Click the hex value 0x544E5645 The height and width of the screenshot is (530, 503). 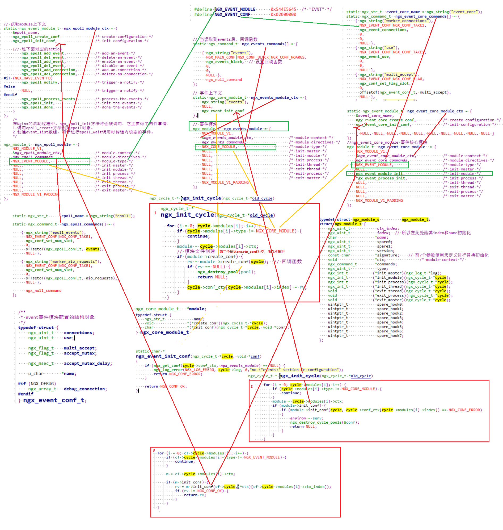(x=283, y=9)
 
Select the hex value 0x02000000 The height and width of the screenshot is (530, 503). (x=283, y=14)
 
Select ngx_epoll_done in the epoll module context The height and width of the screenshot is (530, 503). (x=37, y=107)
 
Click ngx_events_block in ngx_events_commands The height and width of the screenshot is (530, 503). (x=225, y=62)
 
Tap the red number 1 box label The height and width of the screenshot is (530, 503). (x=155, y=213)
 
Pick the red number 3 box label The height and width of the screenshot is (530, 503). (x=154, y=450)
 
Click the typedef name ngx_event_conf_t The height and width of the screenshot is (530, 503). (x=54, y=400)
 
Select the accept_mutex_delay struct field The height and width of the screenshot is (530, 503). (x=88, y=363)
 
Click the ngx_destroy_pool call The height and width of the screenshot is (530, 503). (x=218, y=272)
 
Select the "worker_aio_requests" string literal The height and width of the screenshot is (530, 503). (x=73, y=262)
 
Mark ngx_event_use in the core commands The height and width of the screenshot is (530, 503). (x=375, y=57)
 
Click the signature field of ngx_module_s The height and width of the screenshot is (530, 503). (x=388, y=255)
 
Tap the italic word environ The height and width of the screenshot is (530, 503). (x=298, y=418)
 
